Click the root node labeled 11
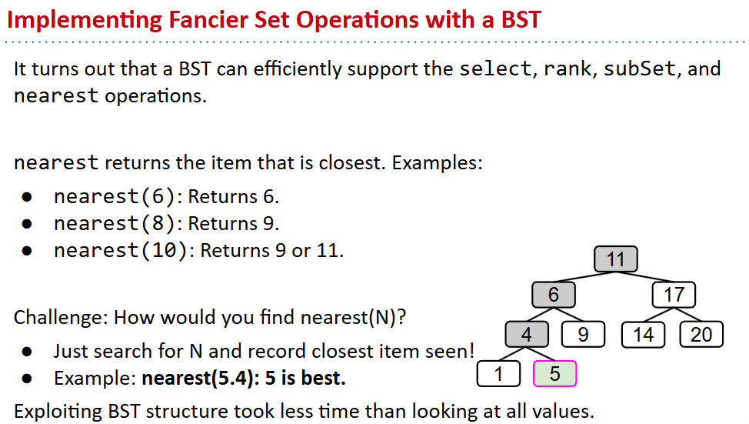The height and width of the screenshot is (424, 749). (x=615, y=259)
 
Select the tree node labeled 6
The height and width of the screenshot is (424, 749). (x=554, y=295)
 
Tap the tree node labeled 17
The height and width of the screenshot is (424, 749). (x=674, y=295)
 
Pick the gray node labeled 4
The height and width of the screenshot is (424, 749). (x=527, y=334)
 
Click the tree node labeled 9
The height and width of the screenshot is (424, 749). (x=583, y=334)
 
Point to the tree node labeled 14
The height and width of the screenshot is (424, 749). (x=644, y=334)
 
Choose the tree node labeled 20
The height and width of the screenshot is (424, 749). (x=701, y=334)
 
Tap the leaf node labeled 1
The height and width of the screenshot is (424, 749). (x=499, y=373)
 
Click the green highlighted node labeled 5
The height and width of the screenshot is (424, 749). (x=554, y=373)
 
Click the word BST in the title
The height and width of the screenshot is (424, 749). (x=521, y=20)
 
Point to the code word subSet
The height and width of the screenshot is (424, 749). (x=640, y=68)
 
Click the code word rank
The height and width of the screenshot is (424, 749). (x=568, y=68)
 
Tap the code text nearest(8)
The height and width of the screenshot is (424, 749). (x=115, y=224)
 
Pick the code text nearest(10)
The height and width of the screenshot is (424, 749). (x=121, y=251)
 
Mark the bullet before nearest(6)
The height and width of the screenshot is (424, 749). (x=27, y=197)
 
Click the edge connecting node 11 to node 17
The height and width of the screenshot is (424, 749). (x=645, y=277)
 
